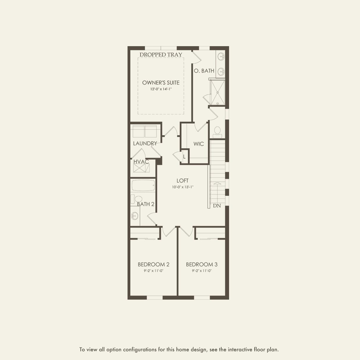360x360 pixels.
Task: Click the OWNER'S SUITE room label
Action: [x=161, y=83]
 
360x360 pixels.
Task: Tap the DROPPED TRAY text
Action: [x=161, y=55]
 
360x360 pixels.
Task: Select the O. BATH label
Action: [x=204, y=71]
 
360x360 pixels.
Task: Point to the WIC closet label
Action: [x=199, y=144]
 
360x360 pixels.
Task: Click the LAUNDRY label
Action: [x=145, y=143]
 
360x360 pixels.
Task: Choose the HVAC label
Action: [x=141, y=162]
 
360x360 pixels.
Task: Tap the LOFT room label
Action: [x=183, y=181]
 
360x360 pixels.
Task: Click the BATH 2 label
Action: [x=145, y=204]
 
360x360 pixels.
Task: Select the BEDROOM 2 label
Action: [x=154, y=264]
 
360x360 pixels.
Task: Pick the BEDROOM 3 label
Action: [x=202, y=264]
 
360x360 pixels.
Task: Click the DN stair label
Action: [x=217, y=206]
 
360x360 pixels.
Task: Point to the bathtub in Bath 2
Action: [x=143, y=185]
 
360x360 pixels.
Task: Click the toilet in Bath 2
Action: [x=137, y=199]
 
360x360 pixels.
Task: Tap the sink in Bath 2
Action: [x=134, y=216]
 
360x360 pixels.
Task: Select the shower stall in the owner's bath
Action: [x=217, y=92]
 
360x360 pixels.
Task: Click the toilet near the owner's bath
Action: [x=217, y=132]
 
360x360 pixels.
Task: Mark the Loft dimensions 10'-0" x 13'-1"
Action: [x=183, y=187]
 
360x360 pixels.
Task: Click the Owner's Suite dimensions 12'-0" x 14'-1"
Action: [x=161, y=89]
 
